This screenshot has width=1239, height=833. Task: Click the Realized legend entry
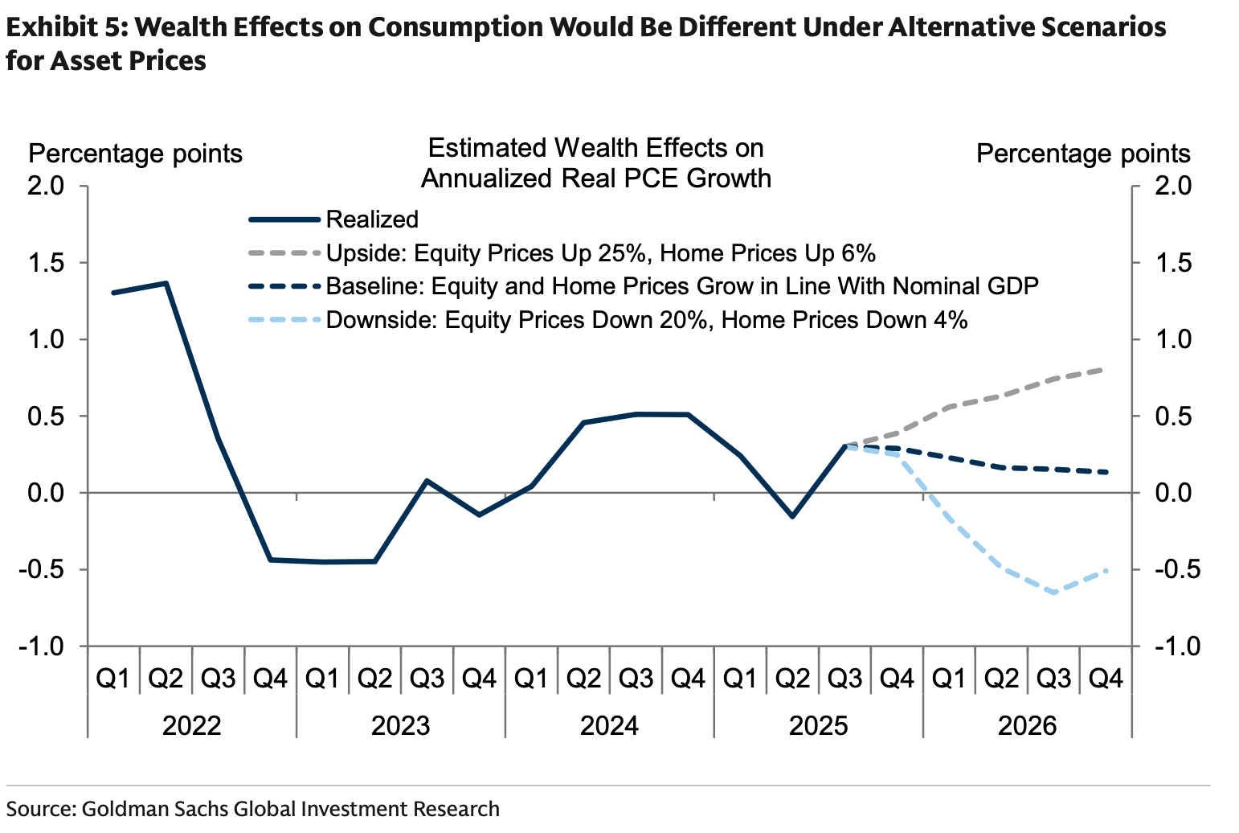click(x=372, y=220)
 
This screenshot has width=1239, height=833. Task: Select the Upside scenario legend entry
click(x=600, y=253)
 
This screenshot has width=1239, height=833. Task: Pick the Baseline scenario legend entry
click(x=682, y=286)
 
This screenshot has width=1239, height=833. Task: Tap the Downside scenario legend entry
click(x=647, y=320)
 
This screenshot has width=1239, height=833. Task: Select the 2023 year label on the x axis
click(x=400, y=726)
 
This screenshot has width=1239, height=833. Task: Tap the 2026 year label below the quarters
click(x=1027, y=726)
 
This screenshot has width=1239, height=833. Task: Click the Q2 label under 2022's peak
click(x=166, y=679)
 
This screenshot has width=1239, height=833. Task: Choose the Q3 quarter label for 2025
click(x=844, y=679)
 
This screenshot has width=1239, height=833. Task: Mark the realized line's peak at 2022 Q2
click(x=166, y=283)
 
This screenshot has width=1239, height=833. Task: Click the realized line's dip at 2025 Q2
click(x=792, y=516)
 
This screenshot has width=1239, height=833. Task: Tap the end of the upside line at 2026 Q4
click(x=1106, y=370)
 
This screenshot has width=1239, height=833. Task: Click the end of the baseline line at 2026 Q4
click(x=1106, y=472)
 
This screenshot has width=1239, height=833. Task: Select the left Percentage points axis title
click(x=135, y=153)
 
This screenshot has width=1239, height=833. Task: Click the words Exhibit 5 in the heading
click(x=63, y=28)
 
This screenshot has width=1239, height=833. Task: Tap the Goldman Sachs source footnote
click(x=253, y=808)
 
